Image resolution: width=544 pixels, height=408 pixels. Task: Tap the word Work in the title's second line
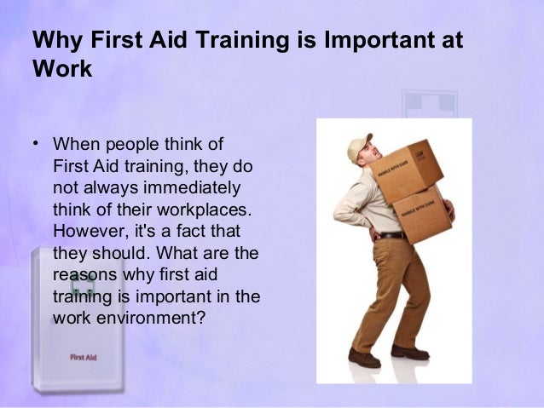[61, 69]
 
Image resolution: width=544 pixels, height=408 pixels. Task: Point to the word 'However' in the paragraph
[85, 232]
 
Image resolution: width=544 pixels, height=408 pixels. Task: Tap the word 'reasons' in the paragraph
[83, 275]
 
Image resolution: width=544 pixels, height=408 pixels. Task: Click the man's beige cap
[359, 146]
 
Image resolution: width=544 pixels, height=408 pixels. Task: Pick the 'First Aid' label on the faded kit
[83, 357]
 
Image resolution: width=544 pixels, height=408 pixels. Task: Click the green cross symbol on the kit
[82, 286]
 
